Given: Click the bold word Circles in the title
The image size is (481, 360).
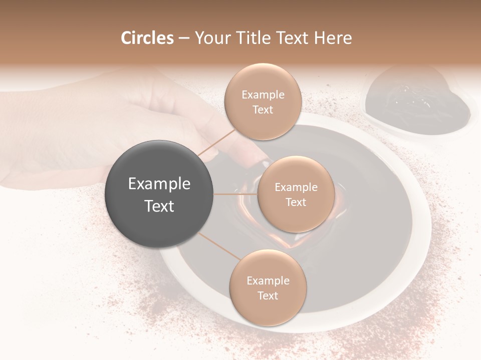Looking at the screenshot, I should (147, 38).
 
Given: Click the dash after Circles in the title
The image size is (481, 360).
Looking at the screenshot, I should (184, 38).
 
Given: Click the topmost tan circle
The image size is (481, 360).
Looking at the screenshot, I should (262, 101).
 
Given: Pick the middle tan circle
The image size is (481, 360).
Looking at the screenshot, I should (296, 194).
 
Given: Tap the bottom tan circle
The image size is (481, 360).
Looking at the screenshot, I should (268, 287).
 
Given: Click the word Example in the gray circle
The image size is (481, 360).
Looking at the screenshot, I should (159, 184).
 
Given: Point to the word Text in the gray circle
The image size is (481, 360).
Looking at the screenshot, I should (159, 205).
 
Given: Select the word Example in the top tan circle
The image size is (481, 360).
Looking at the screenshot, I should (263, 95).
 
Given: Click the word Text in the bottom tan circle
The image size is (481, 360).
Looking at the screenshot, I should (268, 295).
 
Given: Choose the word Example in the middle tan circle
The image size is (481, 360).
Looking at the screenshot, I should (296, 187).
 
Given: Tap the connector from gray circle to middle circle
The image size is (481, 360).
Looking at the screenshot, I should (235, 194).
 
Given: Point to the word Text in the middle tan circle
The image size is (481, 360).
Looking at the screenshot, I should (296, 202).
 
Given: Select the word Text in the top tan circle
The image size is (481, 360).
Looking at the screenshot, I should (263, 109).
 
